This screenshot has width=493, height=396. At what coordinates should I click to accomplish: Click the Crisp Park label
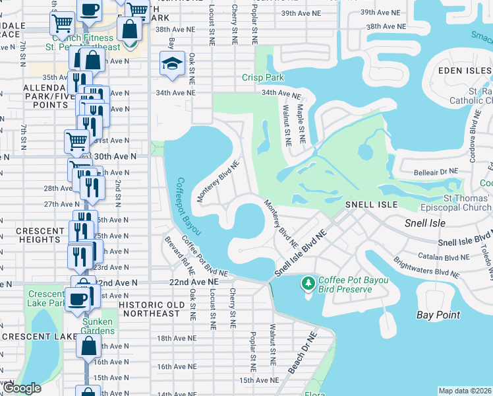tap(263, 78)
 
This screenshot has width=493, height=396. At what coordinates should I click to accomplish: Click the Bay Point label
tap(438, 315)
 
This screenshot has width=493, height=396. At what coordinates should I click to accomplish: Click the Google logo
tap(21, 389)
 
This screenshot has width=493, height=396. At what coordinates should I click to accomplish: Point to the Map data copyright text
tap(465, 391)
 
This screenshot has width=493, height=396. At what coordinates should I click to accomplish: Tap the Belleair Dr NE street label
tap(436, 171)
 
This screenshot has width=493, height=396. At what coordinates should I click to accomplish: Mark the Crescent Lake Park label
tap(46, 298)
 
